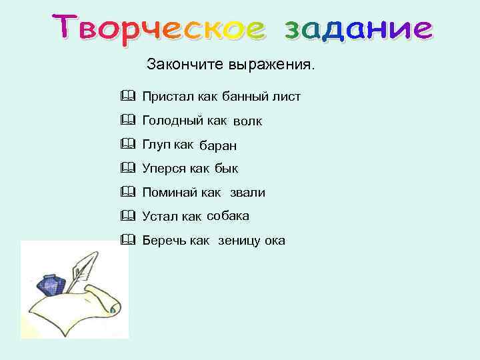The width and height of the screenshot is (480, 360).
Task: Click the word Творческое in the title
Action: tap(158, 29)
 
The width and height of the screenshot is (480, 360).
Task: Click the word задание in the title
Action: tap(358, 29)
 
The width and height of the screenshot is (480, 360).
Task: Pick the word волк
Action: tap(247, 122)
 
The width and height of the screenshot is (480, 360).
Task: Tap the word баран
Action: tap(219, 146)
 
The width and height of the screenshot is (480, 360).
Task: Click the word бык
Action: tap(227, 169)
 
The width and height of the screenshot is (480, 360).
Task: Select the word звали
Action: tap(247, 193)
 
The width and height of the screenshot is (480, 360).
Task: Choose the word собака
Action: tap(228, 217)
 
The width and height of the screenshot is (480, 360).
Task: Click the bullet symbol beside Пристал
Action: tap(128, 97)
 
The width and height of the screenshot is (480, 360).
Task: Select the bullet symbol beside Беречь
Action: tap(128, 240)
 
